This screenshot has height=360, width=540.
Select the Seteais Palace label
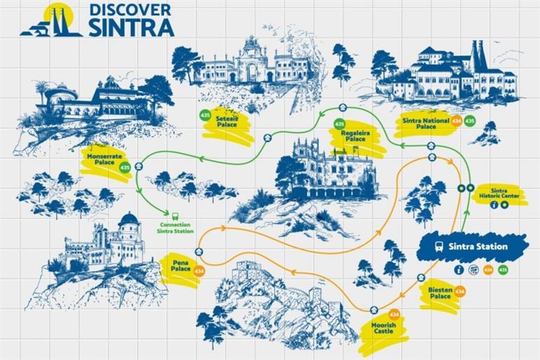(x=227, y=121)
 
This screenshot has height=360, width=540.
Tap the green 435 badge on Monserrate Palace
(x=125, y=168)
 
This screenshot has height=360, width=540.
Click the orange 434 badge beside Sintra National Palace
(x=457, y=121)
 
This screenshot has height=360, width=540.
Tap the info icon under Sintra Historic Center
(x=494, y=205)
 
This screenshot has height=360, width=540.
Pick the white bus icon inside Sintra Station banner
(x=438, y=246)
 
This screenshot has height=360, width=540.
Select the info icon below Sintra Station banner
(x=459, y=269)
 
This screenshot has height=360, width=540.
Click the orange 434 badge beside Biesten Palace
(x=460, y=291)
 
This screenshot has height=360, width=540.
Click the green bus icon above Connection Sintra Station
(x=175, y=215)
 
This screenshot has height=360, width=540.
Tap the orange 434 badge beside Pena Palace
(x=199, y=270)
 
